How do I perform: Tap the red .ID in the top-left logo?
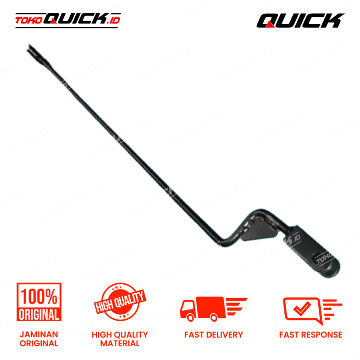click(113, 20)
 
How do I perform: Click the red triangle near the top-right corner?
click(270, 24)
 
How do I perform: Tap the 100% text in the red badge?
click(39, 296)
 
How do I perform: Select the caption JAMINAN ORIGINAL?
click(39, 339)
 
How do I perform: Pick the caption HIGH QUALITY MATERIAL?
click(120, 339)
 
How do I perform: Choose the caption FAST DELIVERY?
click(214, 335)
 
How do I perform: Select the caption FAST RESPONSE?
click(311, 335)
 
